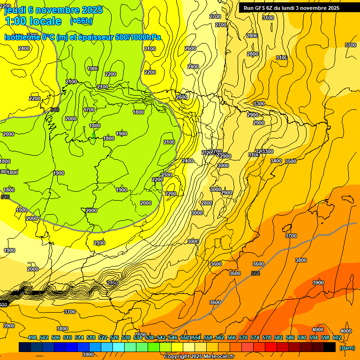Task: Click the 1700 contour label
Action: pos(89,110)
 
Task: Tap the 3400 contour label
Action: pos(276,161)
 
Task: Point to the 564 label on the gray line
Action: pos(255,273)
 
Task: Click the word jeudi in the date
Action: pos(15,9)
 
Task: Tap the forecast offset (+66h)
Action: pos(81,21)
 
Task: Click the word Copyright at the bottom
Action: pos(176,357)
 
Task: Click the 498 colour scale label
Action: pos(32,337)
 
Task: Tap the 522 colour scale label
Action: pos(103,337)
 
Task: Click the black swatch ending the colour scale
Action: pos(330,347)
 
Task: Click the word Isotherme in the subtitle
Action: pos(22,37)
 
